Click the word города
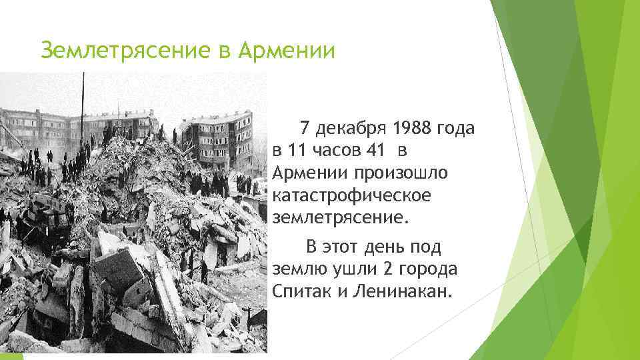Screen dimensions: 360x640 [x=423, y=270]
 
